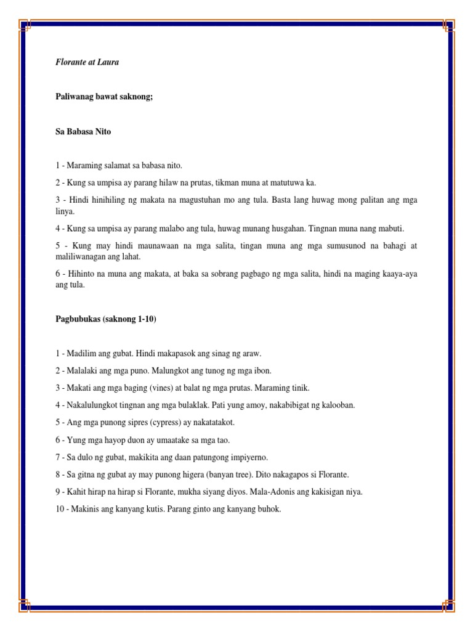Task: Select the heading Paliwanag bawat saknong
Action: coord(103,97)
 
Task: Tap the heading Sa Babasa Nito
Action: coord(83,131)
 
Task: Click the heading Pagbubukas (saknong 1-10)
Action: coord(110,319)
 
